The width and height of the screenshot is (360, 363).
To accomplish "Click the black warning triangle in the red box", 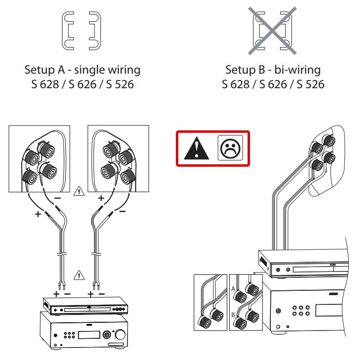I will pyautogui.click(x=197, y=148).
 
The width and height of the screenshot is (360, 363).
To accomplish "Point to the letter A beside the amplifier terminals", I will pyautogui.click(x=234, y=288).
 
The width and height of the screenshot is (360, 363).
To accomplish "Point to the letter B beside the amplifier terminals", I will pyautogui.click(x=234, y=315).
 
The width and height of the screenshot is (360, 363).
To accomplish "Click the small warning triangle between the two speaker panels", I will pyautogui.click(x=78, y=192).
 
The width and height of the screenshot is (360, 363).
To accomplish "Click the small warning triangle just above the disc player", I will pyautogui.click(x=78, y=276).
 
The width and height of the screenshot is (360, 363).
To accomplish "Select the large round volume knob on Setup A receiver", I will pyautogui.click(x=119, y=334).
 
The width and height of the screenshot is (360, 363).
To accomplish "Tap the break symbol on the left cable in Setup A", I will pyautogui.click(x=62, y=254).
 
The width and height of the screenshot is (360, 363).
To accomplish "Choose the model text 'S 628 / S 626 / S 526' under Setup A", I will pyautogui.click(x=82, y=85).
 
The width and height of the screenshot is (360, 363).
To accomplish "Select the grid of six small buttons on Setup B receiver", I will pyautogui.click(x=302, y=310).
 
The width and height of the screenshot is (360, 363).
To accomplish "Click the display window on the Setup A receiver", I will pyautogui.click(x=87, y=335).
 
